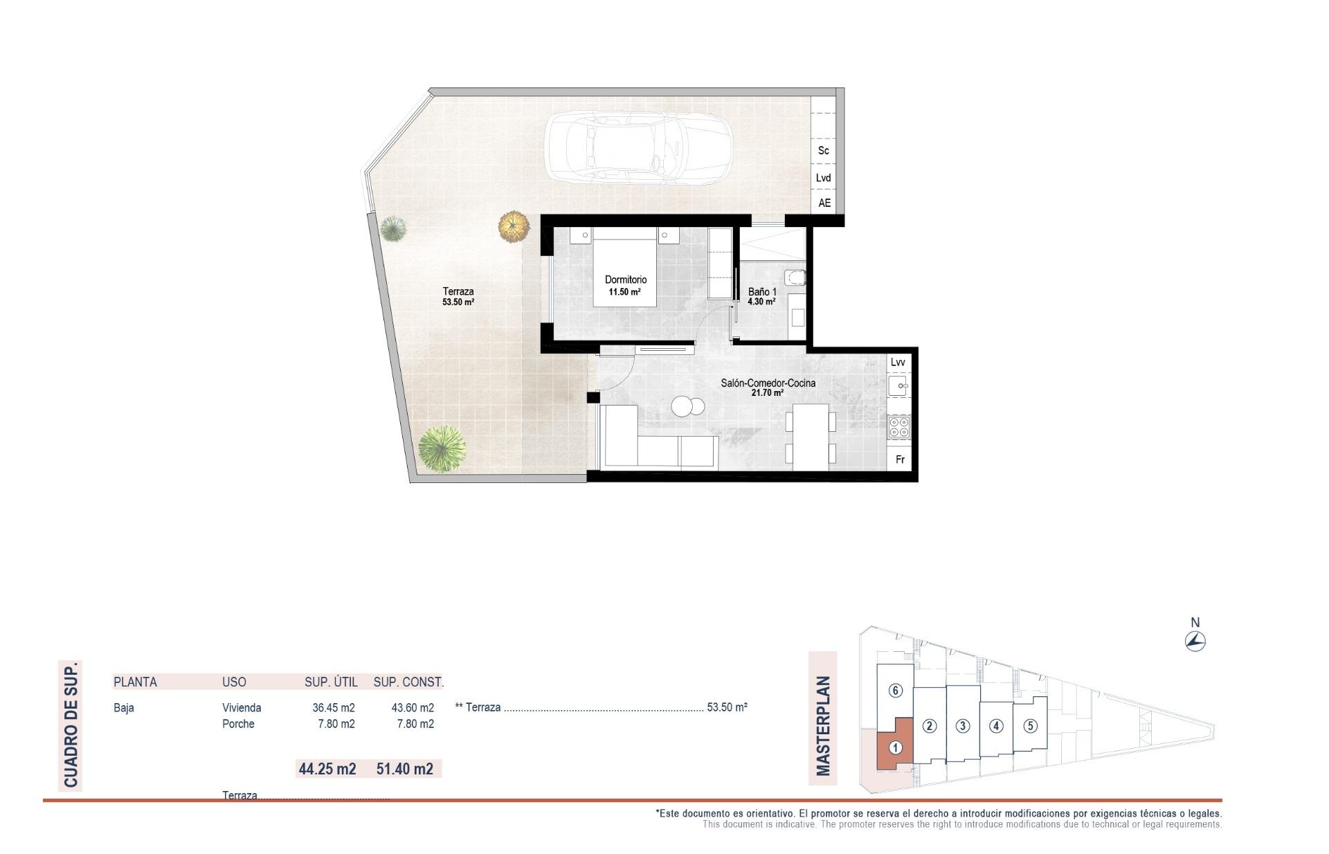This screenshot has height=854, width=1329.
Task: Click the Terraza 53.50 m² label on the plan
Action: pos(458,297)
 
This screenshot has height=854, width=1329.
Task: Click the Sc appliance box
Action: pos(823,150)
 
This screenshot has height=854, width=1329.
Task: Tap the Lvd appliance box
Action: pos(823,178)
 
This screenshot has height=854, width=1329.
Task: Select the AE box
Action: pos(824,203)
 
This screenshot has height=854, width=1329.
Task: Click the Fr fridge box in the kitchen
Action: pos(900,460)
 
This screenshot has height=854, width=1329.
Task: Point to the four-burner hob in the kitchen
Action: pos(898,427)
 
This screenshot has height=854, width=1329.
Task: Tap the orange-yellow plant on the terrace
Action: pos(513,226)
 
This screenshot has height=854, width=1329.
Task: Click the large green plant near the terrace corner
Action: pos(442,448)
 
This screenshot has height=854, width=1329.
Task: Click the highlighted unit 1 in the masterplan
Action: pos(895,747)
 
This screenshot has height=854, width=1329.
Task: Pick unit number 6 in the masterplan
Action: pos(895,691)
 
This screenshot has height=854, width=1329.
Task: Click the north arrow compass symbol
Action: pos(1195,642)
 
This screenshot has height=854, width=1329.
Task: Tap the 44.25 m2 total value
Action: pos(327,769)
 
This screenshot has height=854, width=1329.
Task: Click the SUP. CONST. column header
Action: pos(408,682)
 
